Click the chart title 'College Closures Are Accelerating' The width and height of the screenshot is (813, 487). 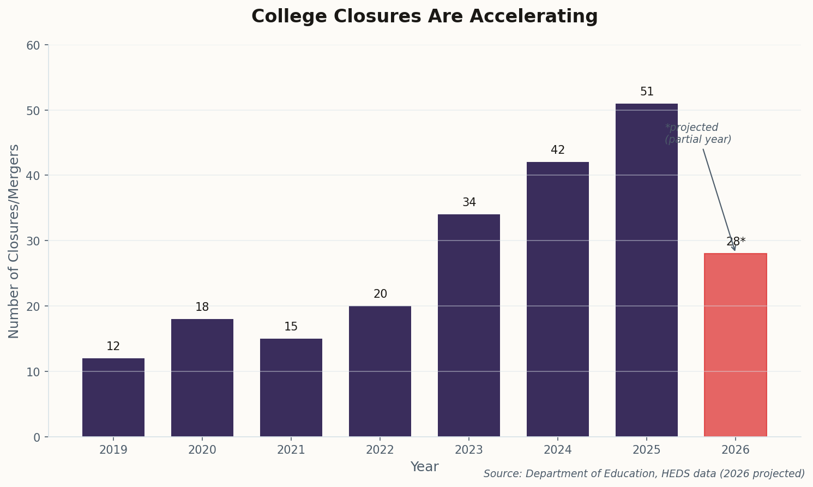[x=424, y=16]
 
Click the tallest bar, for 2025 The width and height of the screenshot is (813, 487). [x=647, y=270]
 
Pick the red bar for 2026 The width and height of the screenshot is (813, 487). [x=735, y=345]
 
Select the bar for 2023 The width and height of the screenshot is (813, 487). [x=469, y=325]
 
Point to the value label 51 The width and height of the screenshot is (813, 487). [x=647, y=92]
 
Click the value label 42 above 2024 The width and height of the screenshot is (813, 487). [x=558, y=151]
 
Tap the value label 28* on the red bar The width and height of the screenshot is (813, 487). [x=736, y=242]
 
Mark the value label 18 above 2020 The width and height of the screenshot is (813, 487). [x=202, y=308]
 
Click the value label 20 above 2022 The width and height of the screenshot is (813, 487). [x=380, y=294]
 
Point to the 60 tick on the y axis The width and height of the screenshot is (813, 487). [x=33, y=45]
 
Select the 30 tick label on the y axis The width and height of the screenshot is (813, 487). [x=33, y=241]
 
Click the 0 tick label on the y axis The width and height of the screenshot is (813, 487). [x=37, y=437]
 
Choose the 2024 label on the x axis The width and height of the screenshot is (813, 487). [x=558, y=450]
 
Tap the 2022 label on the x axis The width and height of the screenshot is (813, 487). [x=380, y=450]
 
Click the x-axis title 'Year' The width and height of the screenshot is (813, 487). [x=424, y=467]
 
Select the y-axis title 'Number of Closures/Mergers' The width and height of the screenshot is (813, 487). [x=14, y=241]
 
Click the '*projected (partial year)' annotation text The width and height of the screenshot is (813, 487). [x=698, y=134]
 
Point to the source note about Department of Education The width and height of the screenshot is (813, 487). [x=644, y=474]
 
